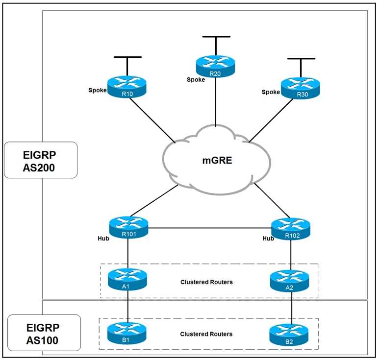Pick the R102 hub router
click(x=291, y=228)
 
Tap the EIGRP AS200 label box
click(x=40, y=160)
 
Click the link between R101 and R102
click(x=209, y=228)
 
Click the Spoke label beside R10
click(x=97, y=90)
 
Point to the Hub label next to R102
click(x=268, y=239)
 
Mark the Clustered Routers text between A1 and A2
click(x=206, y=282)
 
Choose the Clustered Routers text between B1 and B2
click(x=206, y=334)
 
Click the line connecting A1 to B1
click(x=128, y=307)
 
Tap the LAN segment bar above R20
click(x=215, y=37)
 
